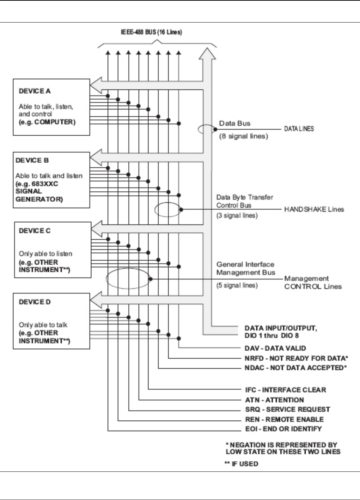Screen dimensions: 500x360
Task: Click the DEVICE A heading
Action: point(35,91)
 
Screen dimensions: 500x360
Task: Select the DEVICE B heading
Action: point(32,161)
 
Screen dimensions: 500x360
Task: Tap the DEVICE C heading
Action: point(35,231)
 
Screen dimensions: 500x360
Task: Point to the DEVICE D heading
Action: point(35,302)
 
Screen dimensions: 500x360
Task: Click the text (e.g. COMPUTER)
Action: point(47,123)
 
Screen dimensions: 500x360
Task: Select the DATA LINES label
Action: point(299,129)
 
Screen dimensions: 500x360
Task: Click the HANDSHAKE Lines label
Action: point(314,209)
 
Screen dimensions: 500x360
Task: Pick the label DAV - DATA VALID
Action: point(275,348)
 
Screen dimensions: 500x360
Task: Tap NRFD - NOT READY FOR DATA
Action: point(296,358)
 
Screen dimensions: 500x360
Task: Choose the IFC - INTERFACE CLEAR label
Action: point(286,390)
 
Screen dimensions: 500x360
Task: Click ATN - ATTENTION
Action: point(274,400)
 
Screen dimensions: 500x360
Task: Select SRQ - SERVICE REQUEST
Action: point(287,409)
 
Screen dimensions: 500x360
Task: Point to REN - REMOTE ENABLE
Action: point(284,419)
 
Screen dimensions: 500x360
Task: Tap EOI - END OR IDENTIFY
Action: point(283,429)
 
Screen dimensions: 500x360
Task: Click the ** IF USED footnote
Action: point(242,464)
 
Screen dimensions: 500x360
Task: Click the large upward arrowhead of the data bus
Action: point(207,54)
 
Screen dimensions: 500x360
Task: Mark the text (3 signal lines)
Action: point(237,216)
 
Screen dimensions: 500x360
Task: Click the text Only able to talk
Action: point(43,325)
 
